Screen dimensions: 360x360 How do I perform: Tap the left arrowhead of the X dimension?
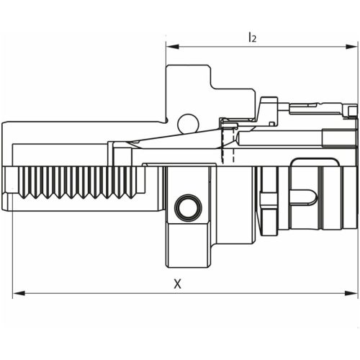[x=17, y=294]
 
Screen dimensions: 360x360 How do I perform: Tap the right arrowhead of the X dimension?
[x=353, y=294]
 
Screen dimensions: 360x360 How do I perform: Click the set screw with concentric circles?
[x=188, y=208]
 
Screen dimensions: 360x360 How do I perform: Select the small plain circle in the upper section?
[x=188, y=123]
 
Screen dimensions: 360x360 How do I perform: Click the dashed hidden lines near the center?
[x=229, y=153]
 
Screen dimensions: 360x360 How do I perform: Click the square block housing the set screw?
[x=189, y=216]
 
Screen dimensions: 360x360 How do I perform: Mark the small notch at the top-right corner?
[x=352, y=109]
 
